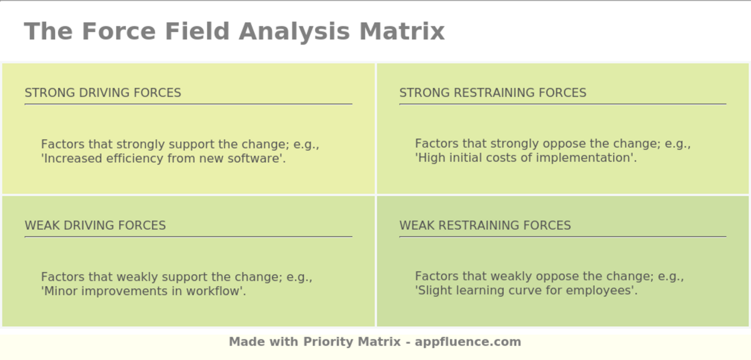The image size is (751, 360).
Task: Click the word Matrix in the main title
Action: [402, 31]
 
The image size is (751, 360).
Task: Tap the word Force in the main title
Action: [119, 31]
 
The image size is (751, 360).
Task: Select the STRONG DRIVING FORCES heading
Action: [103, 92]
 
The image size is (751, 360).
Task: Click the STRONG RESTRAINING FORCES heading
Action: [493, 92]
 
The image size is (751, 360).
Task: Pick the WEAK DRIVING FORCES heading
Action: [95, 225]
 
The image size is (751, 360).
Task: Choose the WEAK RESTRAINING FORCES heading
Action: [485, 225]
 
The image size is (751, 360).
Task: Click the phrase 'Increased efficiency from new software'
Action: [163, 158]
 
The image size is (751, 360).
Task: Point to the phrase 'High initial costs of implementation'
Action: [526, 158]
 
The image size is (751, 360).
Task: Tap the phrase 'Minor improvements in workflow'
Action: [144, 291]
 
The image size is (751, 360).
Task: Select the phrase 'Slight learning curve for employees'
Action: [526, 290]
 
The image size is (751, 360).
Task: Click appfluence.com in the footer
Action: [468, 342]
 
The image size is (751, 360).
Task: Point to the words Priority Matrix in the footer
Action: [352, 342]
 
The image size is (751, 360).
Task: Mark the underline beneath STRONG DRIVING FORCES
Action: [188, 104]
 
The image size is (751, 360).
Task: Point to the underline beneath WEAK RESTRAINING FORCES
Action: [563, 237]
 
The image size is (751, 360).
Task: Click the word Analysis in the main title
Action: [294, 32]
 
